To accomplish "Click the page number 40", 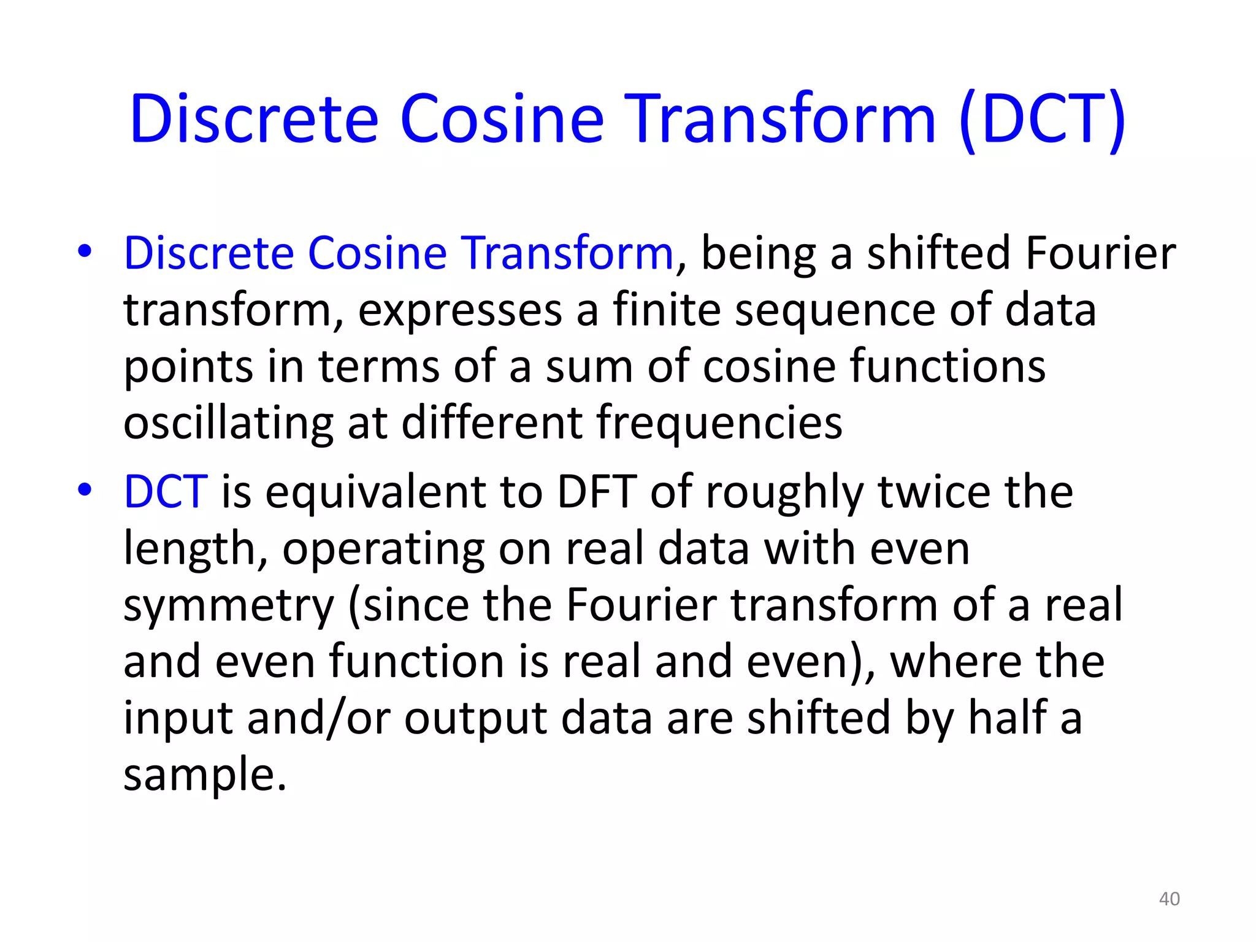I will coord(1169,899).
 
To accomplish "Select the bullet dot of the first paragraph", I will coord(85,251).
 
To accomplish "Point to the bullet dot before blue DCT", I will coord(85,490).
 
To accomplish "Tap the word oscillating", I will coord(228,423).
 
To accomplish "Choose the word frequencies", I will coord(719,423).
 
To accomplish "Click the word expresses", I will coord(460,310).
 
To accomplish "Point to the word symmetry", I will coord(228,606).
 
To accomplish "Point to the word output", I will coord(475,719).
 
